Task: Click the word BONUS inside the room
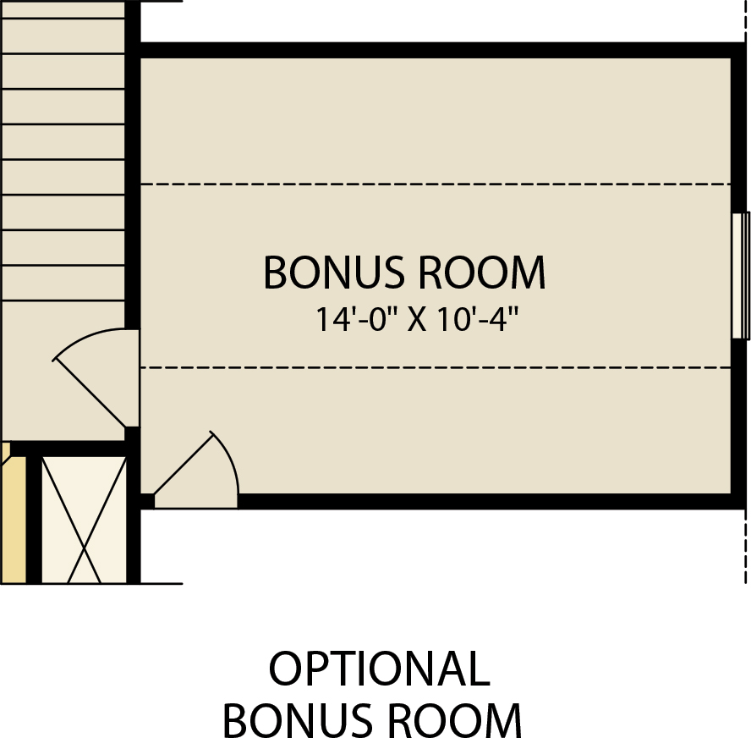coord(334,273)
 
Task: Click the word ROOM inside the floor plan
coord(482,273)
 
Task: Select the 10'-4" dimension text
coord(478,319)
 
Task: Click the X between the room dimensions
coord(417,321)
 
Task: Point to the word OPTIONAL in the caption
coord(380,669)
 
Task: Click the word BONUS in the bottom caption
coord(297,720)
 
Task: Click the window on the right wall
coord(741,276)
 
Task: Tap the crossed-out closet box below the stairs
coord(84,520)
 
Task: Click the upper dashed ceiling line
coord(436,184)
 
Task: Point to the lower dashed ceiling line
coord(436,367)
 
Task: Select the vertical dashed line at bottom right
coord(746,547)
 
